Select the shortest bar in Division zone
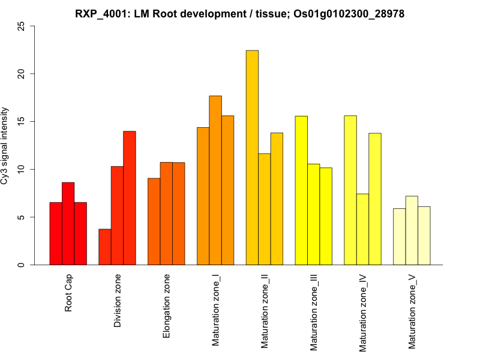(105, 247)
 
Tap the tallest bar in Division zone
(130, 198)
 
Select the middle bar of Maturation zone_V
(412, 230)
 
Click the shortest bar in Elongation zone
(154, 221)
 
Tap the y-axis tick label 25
(22, 26)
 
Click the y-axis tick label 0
(22, 265)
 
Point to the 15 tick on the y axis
(22, 122)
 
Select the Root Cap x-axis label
(68, 293)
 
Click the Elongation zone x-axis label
(166, 306)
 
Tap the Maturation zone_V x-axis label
(412, 312)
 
